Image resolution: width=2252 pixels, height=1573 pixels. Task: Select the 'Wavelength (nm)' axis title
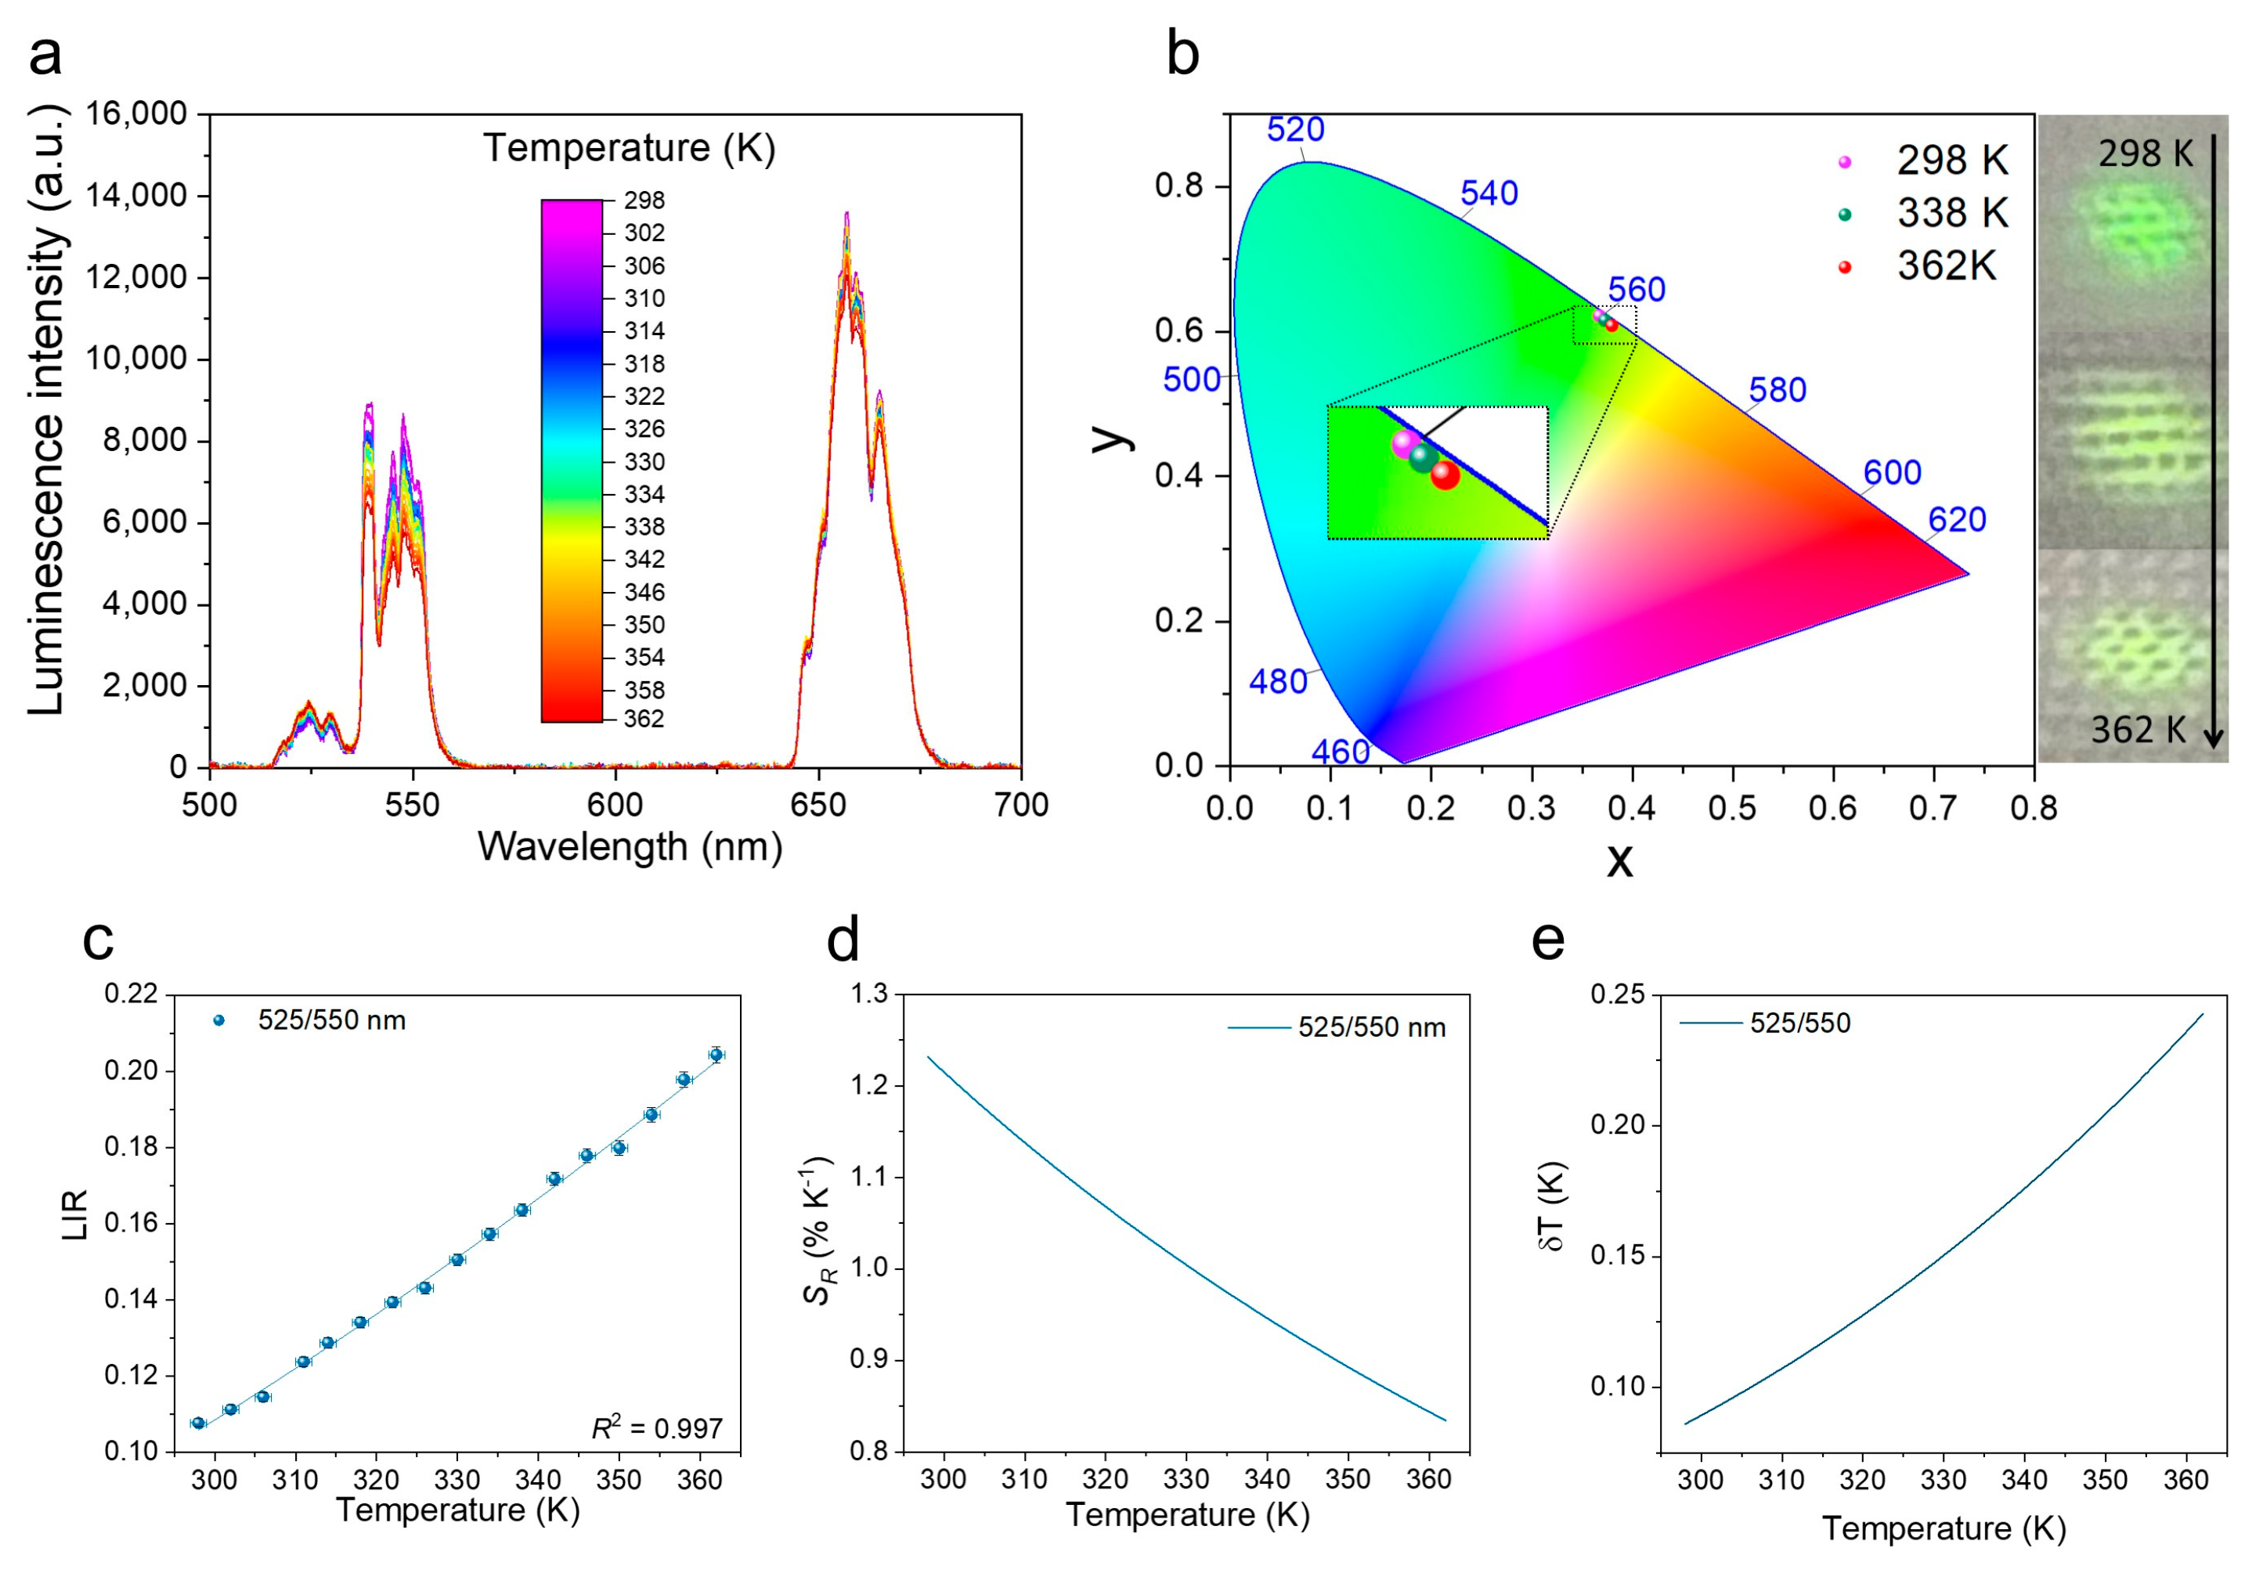pyautogui.click(x=630, y=846)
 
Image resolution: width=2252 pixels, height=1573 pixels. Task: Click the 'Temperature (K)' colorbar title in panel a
pyautogui.click(x=629, y=148)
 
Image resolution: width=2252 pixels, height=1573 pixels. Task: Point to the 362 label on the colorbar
pyautogui.click(x=644, y=719)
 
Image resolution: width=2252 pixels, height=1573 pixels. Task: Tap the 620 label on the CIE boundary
pyautogui.click(x=1957, y=520)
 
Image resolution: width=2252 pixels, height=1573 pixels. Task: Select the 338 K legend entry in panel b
pyautogui.click(x=1952, y=214)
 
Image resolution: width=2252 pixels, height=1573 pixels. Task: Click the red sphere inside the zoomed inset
pyautogui.click(x=1445, y=475)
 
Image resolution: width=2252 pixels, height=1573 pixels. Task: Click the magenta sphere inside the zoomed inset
pyautogui.click(x=1406, y=443)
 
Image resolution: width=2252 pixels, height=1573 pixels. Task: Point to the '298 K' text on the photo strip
pyautogui.click(x=2145, y=154)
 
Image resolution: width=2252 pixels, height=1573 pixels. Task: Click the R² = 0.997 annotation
pyautogui.click(x=656, y=1429)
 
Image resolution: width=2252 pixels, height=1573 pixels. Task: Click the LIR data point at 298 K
pyautogui.click(x=198, y=1423)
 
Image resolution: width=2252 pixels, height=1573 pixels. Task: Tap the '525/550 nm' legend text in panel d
pyautogui.click(x=1371, y=1028)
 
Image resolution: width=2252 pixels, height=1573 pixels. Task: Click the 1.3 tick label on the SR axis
pyautogui.click(x=868, y=994)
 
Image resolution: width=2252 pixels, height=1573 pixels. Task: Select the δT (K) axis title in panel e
pyautogui.click(x=1553, y=1207)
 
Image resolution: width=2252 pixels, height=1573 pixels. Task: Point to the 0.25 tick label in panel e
pyautogui.click(x=1618, y=994)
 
